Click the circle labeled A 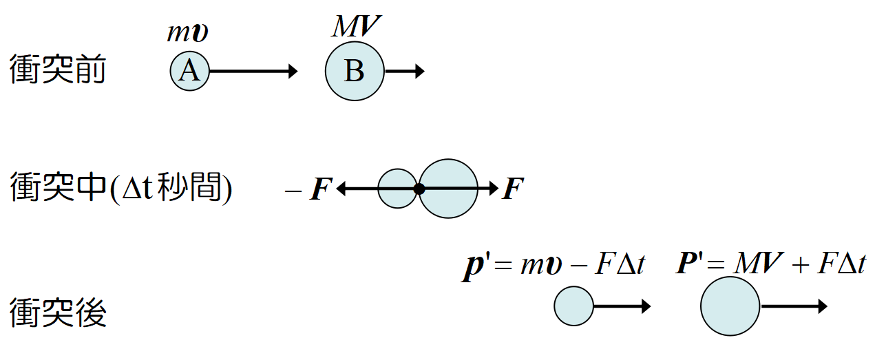(189, 71)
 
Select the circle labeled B (355, 71)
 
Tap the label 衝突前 (58, 70)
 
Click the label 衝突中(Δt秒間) (121, 188)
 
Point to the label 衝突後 (58, 313)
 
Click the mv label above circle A (188, 33)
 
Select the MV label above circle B (356, 27)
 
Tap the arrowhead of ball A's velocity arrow (293, 71)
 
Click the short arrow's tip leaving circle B (421, 71)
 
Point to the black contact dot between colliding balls (419, 189)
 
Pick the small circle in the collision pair (397, 189)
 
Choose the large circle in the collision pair (449, 189)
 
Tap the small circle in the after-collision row (573, 306)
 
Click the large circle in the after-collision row (730, 306)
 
